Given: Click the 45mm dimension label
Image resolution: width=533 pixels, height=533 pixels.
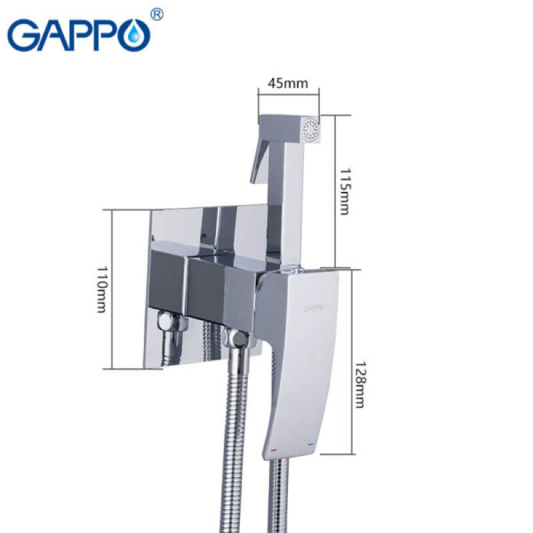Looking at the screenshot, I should point(288,83).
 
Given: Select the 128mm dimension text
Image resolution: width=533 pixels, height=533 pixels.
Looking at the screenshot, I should point(359,384).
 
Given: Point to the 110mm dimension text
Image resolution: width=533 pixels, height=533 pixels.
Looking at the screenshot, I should point(101,288).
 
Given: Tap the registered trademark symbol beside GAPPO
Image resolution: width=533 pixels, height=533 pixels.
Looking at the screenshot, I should point(157,15).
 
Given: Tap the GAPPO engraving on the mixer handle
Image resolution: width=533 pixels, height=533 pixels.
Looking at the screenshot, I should point(313,308).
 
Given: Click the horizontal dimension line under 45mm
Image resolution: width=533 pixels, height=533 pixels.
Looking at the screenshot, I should point(288,95).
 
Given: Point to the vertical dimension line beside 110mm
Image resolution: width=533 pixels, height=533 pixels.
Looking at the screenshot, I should point(111,288).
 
